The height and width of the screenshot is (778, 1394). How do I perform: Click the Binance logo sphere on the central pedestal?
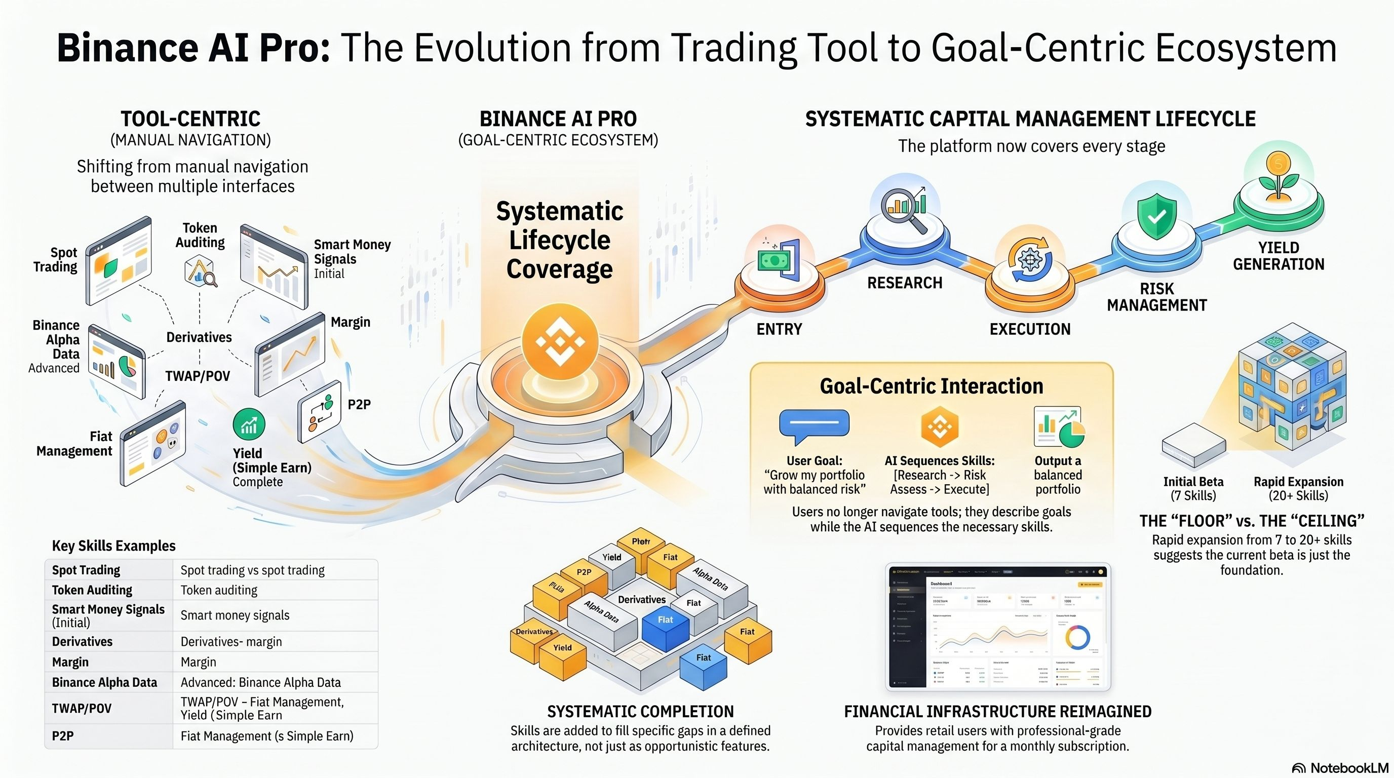point(560,342)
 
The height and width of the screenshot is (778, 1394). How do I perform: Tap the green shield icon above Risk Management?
point(1156,216)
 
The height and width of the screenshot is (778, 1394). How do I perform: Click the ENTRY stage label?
point(779,329)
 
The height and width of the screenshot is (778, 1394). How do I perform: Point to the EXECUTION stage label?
point(1030,329)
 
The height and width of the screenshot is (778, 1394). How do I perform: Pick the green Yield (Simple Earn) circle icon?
point(249,424)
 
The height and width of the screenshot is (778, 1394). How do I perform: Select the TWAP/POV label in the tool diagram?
point(198,376)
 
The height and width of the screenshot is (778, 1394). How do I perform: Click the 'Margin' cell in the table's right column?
point(198,662)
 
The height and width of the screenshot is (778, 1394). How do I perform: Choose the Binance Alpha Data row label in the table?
point(104,682)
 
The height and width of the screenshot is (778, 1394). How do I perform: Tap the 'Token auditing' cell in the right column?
point(219,590)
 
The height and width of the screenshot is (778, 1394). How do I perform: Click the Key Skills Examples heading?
point(113,546)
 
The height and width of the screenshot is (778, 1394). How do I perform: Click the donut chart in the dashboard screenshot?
point(1077,637)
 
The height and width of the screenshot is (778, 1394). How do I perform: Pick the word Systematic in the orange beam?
point(560,211)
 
